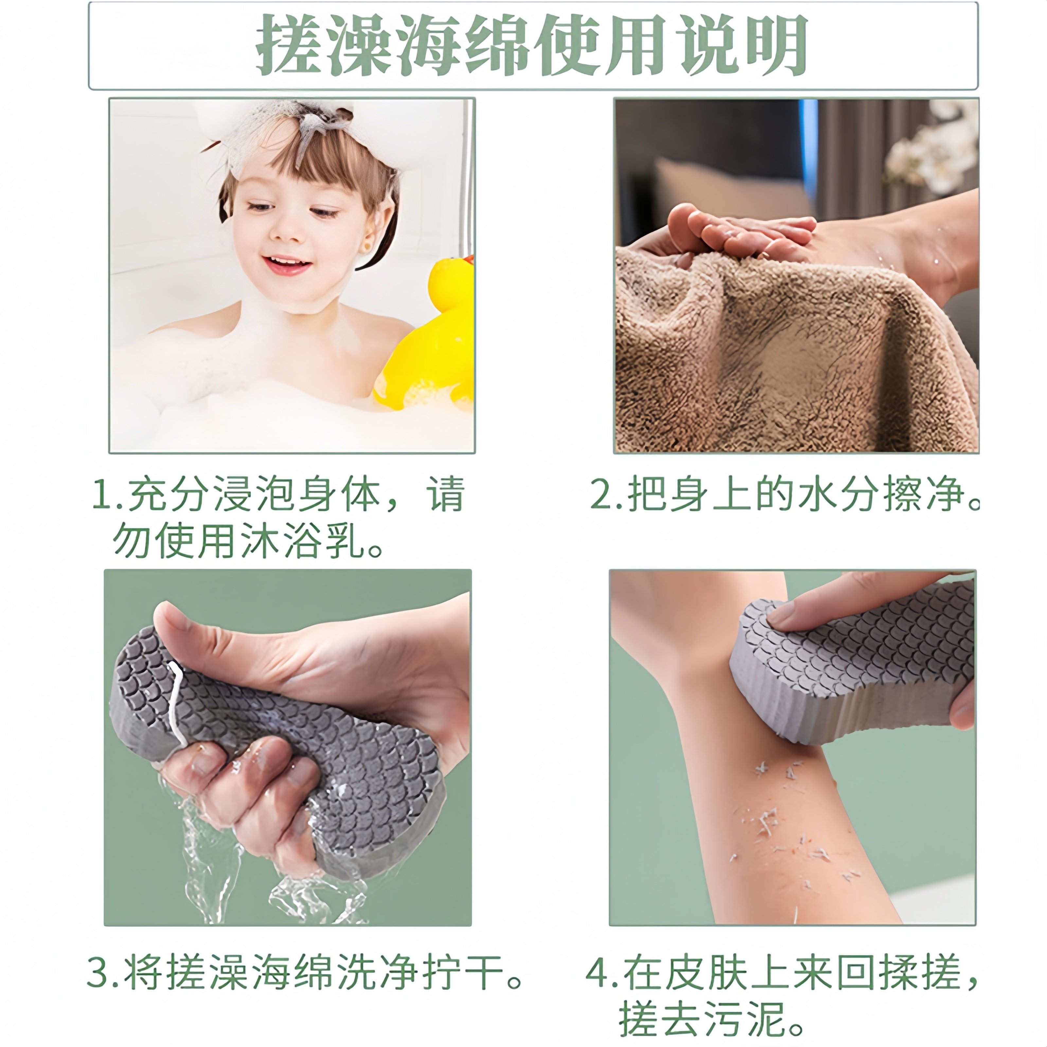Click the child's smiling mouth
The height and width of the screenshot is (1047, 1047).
[x=287, y=264]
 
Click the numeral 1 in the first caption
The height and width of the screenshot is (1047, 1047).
[x=101, y=494]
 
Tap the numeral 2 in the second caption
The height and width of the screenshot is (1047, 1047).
[x=602, y=494]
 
